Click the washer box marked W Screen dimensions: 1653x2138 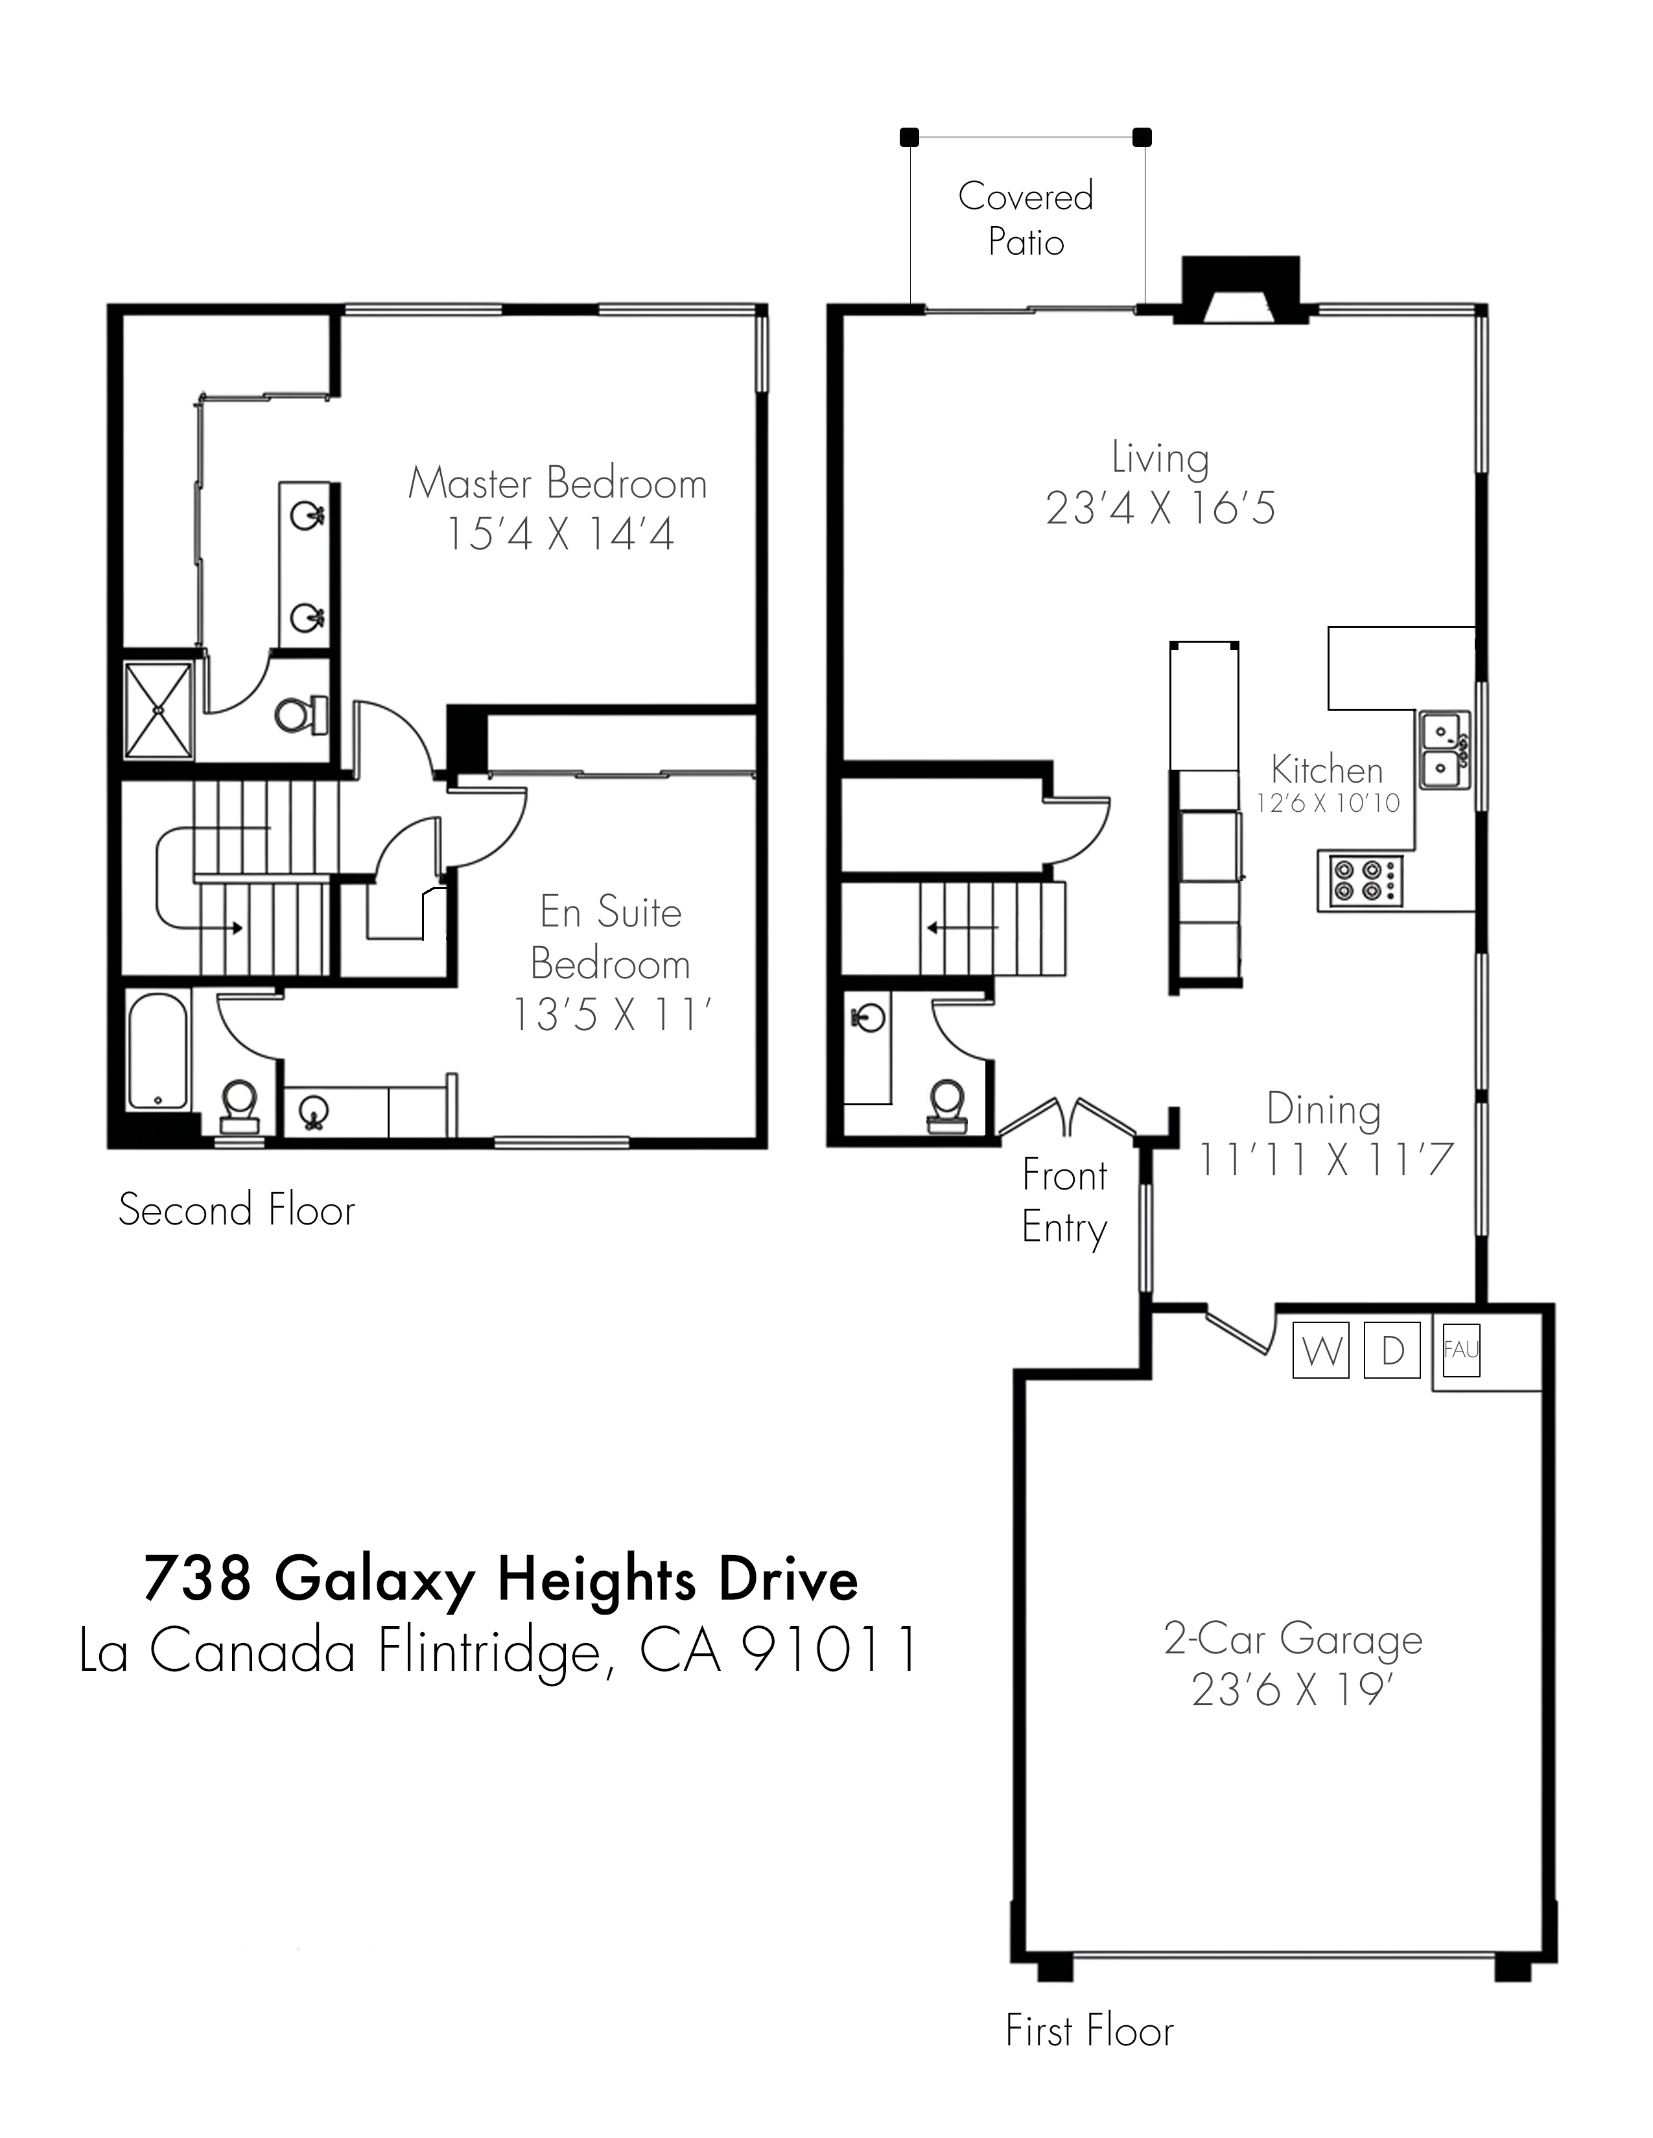point(1321,1350)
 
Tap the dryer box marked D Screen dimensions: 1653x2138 point(1392,1350)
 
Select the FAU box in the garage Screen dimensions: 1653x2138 point(1460,1350)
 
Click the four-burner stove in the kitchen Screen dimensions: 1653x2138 point(1360,880)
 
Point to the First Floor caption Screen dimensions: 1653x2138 point(1089,2031)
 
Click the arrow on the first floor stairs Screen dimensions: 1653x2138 point(963,926)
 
